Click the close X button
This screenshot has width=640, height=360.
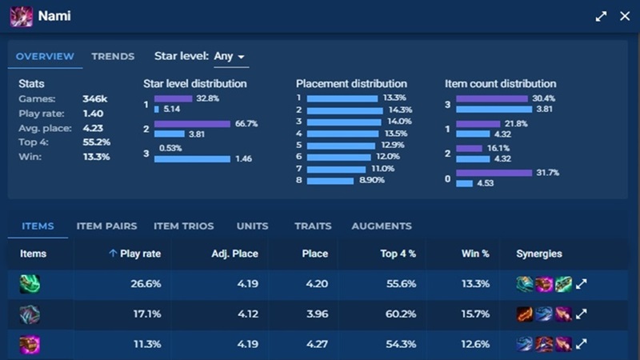point(625,16)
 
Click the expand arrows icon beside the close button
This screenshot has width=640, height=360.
point(601,16)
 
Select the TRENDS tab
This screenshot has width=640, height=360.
point(113,57)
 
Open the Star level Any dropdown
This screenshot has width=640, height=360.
point(230,57)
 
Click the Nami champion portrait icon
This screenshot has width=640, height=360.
point(21,16)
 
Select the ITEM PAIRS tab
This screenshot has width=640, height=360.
point(106,226)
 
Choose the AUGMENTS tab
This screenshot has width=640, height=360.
point(382,226)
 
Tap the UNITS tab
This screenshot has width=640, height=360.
point(252,226)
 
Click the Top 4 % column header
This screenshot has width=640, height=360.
point(399,254)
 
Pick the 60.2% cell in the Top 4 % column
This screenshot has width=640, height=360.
point(398,314)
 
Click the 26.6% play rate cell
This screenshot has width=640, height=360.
point(146,283)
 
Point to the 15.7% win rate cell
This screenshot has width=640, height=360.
point(476,314)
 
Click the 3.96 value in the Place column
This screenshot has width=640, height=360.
point(317,314)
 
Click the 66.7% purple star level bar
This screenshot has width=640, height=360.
point(182,124)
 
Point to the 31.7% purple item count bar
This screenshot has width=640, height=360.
point(494,172)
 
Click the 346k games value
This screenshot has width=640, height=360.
point(94,99)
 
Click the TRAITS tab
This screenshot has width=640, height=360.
point(313,226)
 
